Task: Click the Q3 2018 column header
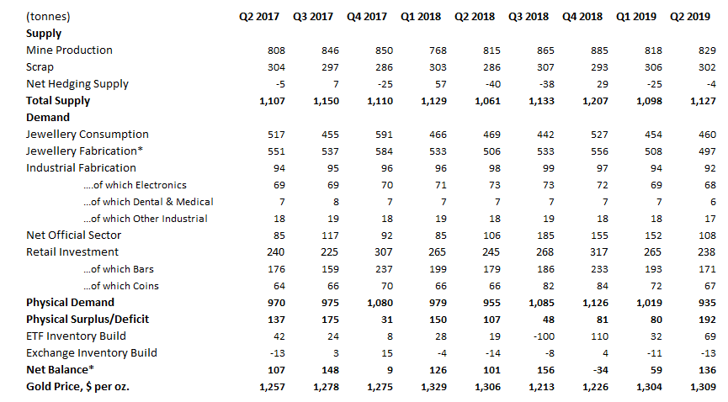coord(529,17)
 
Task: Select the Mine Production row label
coord(69,50)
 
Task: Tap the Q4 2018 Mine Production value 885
coord(599,50)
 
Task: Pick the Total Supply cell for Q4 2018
coord(595,101)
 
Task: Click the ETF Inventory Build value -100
coord(544,336)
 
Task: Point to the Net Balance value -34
coord(598,370)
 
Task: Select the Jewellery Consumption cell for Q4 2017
coord(384,135)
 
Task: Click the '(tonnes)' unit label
coord(48,17)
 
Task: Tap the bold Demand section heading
coord(48,118)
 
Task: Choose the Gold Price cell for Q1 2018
coord(433,387)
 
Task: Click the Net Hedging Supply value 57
coord(441,84)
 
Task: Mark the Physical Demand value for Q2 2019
coord(707,303)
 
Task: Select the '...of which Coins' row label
coord(121,286)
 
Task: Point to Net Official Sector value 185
coord(545,235)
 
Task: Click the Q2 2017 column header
coord(259,17)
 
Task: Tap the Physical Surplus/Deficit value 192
coord(707,320)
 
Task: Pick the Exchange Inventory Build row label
coord(92,352)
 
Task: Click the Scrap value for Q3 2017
coord(330,68)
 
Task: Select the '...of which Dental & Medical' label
coord(149,202)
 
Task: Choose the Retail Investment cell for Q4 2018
coord(599,252)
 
